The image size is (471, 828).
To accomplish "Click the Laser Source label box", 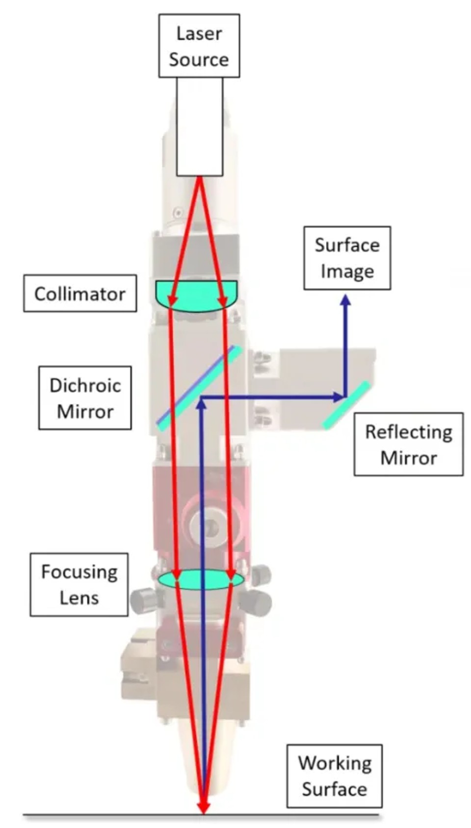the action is [199, 46].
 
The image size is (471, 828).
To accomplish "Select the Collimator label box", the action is [80, 293].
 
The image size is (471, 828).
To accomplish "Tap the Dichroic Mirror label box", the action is [85, 398].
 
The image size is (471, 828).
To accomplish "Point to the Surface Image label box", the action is [347, 258].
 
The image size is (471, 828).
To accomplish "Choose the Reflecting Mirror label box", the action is [409, 444].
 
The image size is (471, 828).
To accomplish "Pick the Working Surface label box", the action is [334, 775].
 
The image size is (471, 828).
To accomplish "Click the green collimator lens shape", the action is [196, 296].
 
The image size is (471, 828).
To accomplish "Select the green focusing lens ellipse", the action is [201, 579].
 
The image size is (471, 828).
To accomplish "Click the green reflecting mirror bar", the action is [346, 405].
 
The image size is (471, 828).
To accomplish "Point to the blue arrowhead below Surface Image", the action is [345, 300].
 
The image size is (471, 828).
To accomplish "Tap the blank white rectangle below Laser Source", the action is [200, 126].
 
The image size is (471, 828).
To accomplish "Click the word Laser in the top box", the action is [199, 33].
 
